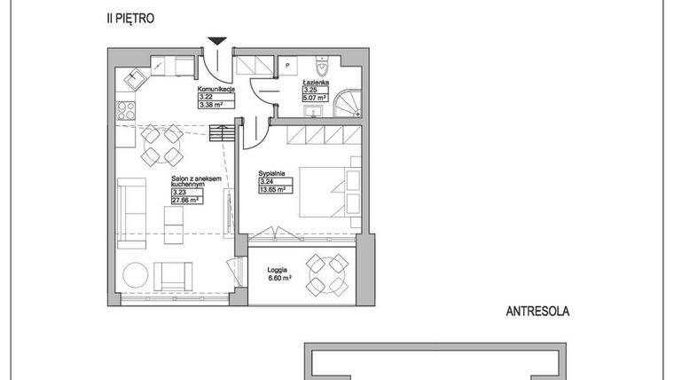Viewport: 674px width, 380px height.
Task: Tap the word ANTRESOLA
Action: (x=537, y=312)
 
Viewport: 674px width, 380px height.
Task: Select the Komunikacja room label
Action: (x=216, y=89)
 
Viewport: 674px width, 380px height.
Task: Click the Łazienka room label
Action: (x=317, y=82)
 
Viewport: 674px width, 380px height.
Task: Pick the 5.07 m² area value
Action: (x=317, y=97)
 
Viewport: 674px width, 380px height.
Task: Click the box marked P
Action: (x=287, y=66)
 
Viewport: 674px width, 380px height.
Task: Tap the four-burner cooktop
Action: (x=126, y=111)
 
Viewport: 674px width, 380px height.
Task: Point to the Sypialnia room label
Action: (x=271, y=173)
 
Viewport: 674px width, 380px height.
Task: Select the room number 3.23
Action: (x=178, y=192)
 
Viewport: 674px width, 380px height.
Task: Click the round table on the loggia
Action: (x=327, y=274)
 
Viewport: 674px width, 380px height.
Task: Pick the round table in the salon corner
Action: (x=136, y=275)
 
